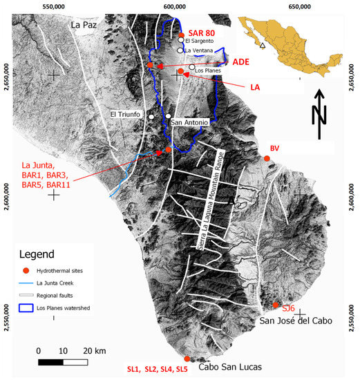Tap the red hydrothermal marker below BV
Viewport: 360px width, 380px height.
click(267, 160)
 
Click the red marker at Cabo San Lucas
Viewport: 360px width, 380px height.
click(187, 359)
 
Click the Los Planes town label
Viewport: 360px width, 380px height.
click(209, 70)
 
